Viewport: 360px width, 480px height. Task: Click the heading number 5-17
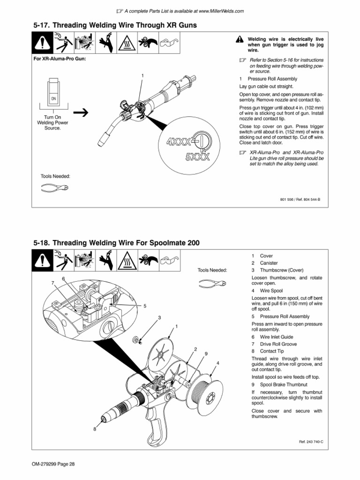[41, 24]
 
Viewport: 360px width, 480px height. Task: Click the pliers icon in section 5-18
[212, 283]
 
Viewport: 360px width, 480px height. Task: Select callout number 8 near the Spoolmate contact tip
[94, 428]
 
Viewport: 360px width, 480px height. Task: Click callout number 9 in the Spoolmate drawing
[206, 353]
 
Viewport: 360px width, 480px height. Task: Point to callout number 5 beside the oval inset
[145, 306]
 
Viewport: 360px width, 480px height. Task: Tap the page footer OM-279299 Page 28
[54, 464]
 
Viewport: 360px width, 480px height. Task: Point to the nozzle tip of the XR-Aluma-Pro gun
[101, 141]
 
